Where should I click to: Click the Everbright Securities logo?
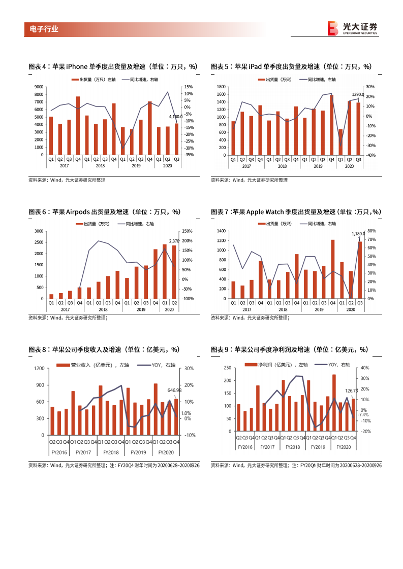click(x=352, y=28)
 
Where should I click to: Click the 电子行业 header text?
click(x=41, y=29)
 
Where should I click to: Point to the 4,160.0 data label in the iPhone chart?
click(x=175, y=117)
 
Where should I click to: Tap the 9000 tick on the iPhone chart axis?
click(x=39, y=87)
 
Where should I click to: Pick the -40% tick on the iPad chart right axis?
click(x=370, y=155)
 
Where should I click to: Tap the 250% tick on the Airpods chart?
click(x=188, y=231)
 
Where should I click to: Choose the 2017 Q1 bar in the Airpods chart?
click(x=51, y=296)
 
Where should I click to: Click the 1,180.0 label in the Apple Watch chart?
click(x=358, y=234)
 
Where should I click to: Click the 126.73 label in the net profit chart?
click(x=352, y=390)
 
